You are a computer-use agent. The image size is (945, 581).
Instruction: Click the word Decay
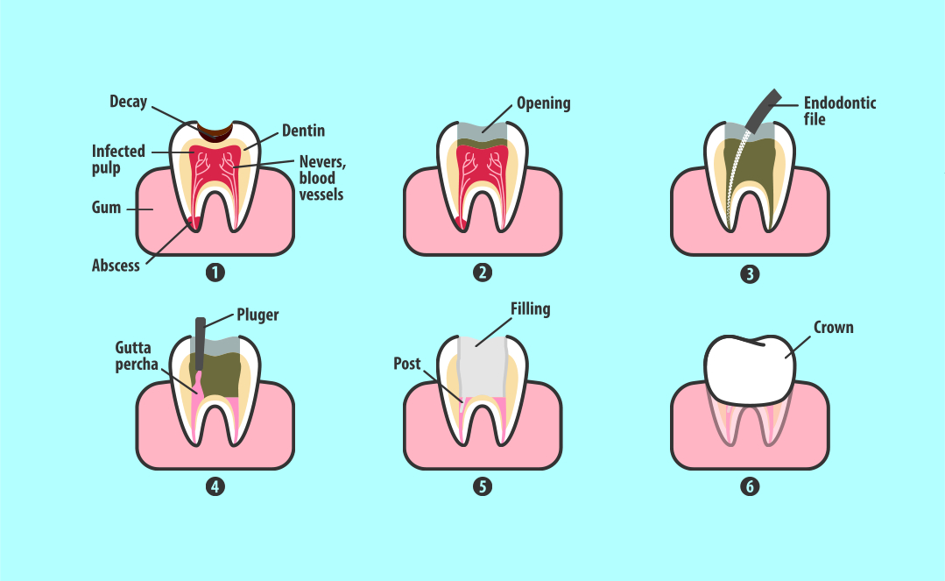129,102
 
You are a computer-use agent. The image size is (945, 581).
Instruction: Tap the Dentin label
303,131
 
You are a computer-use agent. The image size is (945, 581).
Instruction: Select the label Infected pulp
118,159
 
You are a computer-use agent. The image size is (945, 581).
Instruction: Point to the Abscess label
116,266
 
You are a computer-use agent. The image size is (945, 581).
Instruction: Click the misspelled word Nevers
322,162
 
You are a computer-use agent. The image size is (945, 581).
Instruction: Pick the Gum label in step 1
106,208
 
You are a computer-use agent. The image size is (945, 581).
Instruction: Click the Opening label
544,103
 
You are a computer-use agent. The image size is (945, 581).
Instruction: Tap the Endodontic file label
840,111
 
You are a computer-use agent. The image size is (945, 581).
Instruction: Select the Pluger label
257,315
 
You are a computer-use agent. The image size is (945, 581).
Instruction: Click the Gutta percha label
137,356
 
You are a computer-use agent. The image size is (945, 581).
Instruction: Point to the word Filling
531,308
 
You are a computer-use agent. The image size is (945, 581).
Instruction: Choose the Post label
406,364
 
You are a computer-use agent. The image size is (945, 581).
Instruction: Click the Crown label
834,328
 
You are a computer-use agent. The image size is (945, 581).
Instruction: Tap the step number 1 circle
215,273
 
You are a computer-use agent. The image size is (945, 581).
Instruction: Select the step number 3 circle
750,274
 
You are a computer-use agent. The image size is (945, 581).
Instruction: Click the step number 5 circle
483,486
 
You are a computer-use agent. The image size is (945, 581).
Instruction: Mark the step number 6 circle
750,486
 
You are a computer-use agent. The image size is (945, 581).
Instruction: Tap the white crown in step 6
751,369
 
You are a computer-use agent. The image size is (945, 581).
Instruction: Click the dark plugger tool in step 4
200,344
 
